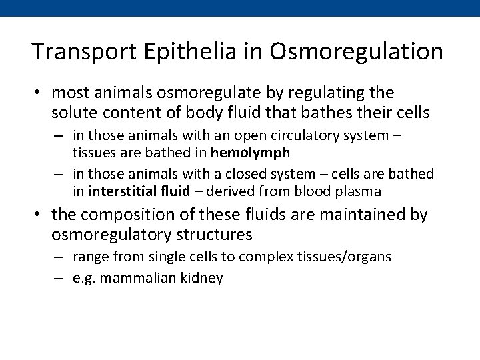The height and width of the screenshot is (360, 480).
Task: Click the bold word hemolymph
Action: pos(251,153)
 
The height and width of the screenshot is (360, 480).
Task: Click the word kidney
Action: pos(203,277)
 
